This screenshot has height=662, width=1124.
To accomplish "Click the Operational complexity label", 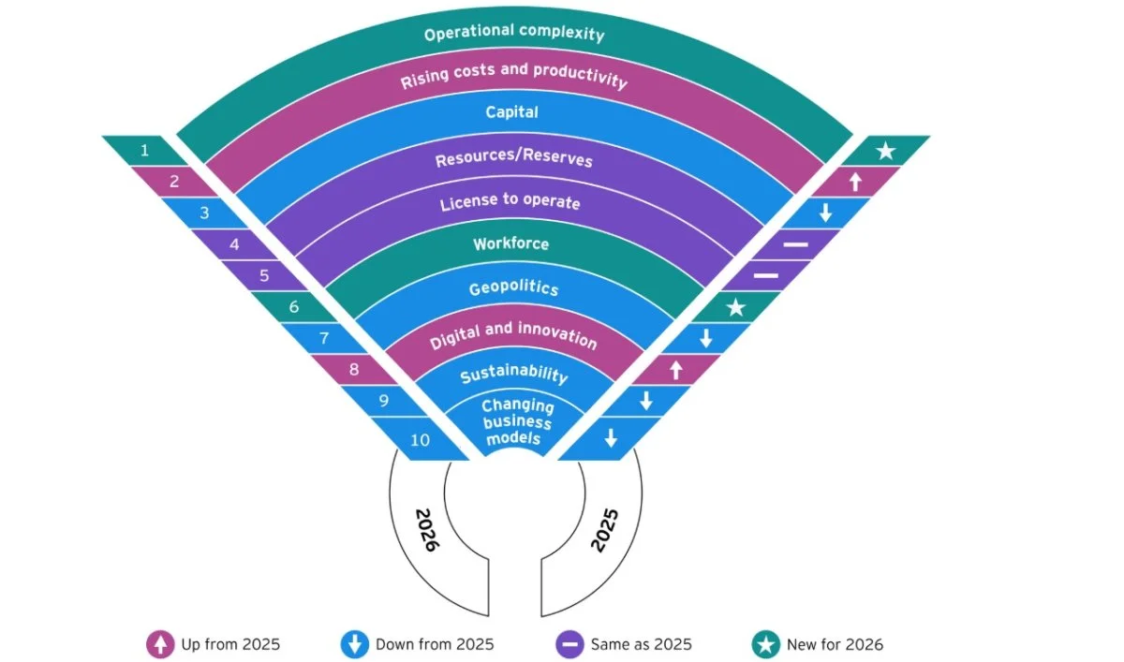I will pos(514,35).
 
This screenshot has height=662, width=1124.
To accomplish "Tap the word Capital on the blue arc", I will pos(512,112).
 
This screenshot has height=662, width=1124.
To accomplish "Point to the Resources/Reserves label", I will pos(514,158).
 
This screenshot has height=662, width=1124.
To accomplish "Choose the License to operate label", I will pos(510,201).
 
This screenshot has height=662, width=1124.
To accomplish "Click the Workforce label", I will pos(510,244).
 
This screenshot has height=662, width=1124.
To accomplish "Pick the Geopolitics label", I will pos(513,287).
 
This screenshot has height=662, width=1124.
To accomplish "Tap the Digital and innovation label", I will pos(513,337).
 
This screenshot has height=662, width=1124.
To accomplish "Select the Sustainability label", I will pos(513,375).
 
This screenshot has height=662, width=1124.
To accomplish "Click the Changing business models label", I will pos(517,422).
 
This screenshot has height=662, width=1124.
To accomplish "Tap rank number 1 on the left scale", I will pos(144,150).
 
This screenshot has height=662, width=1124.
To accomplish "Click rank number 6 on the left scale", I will pos(293,306).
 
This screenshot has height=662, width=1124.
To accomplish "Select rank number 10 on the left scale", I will pos(421,440).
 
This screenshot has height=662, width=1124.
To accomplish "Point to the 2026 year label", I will pos(427,529).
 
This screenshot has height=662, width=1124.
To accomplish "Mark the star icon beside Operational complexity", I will pos(885,151).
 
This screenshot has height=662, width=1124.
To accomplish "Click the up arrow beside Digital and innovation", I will pos(675,371).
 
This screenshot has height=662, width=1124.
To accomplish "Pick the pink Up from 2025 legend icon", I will pos(159,644).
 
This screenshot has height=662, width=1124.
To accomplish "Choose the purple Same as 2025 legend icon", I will pos(569,644).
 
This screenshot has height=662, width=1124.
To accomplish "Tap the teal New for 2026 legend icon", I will pos(766,644).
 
